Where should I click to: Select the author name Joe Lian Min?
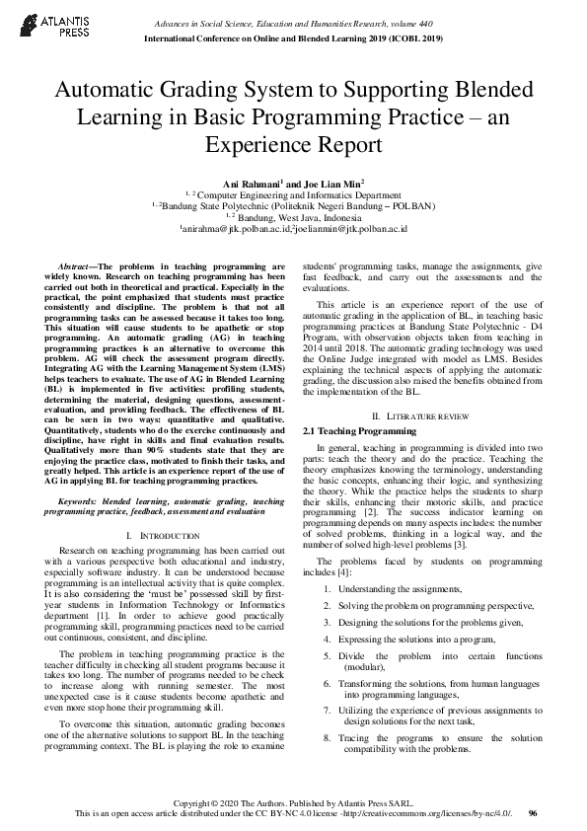click(332, 184)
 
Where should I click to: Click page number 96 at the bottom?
click(533, 812)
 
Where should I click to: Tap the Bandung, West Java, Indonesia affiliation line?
click(294, 217)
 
